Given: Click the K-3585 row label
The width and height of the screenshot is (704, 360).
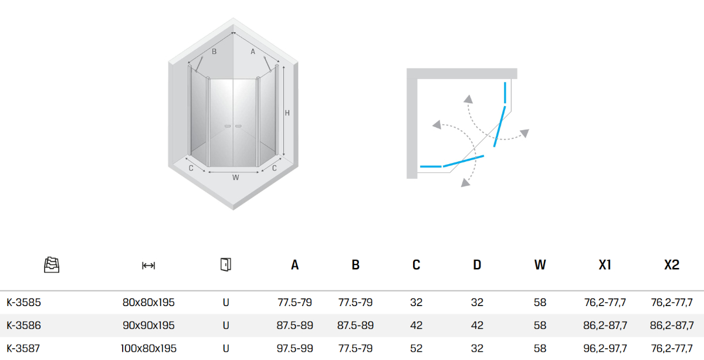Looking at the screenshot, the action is pyautogui.click(x=23, y=302).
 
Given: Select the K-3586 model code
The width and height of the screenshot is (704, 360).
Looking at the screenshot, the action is pyautogui.click(x=23, y=325).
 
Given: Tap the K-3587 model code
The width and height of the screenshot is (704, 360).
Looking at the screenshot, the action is pyautogui.click(x=23, y=348).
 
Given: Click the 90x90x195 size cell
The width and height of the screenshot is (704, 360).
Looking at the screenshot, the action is pyautogui.click(x=148, y=325).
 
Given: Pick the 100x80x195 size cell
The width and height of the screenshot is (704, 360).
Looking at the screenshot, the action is pyautogui.click(x=148, y=348).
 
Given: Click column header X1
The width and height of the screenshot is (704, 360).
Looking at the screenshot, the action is pyautogui.click(x=605, y=265).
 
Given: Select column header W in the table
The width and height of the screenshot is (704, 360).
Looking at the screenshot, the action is pyautogui.click(x=540, y=265).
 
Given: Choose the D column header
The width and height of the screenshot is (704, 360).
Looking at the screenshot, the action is pyautogui.click(x=477, y=265).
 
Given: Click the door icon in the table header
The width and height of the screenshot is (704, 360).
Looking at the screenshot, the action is pyautogui.click(x=226, y=264).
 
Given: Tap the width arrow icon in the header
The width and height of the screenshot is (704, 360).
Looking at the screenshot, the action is pyautogui.click(x=148, y=266).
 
